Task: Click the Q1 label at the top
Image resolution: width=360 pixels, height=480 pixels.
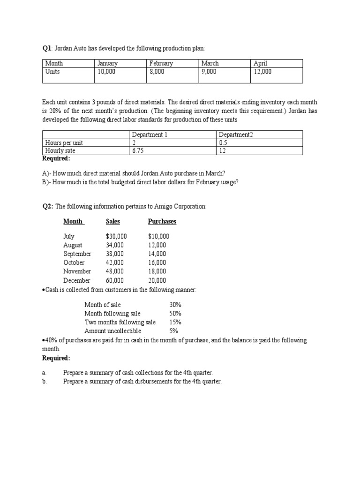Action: point(47,48)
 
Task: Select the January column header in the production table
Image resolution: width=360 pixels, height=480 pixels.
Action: point(107,63)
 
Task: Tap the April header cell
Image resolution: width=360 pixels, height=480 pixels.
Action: point(260,63)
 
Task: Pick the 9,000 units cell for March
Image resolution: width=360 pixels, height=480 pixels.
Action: point(209,72)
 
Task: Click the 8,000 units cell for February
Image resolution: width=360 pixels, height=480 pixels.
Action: point(157,72)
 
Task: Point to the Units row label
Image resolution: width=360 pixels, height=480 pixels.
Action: point(52,72)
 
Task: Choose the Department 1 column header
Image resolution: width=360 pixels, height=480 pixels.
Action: point(150,135)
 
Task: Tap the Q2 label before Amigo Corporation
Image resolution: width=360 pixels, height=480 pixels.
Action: point(48,207)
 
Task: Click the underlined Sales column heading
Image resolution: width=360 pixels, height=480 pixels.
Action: point(113,221)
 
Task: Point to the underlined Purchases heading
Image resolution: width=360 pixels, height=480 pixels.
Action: point(162,221)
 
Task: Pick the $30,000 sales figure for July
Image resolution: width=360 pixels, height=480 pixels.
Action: point(116,237)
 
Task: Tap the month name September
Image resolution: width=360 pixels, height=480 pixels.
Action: point(77,254)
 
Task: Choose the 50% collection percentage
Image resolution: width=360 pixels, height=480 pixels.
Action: point(175,313)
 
